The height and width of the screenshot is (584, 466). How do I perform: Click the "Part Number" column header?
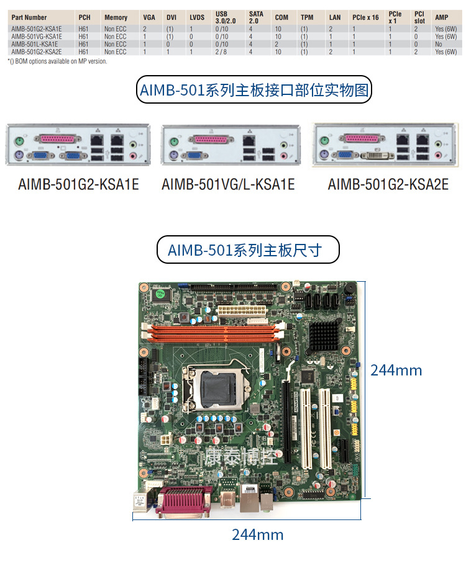(x=29, y=17)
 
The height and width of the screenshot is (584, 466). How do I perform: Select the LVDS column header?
(x=197, y=17)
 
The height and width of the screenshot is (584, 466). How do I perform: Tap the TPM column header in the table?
(x=306, y=17)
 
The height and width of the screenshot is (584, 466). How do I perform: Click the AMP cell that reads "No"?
(x=439, y=45)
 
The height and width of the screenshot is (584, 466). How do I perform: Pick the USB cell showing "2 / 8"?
(x=222, y=52)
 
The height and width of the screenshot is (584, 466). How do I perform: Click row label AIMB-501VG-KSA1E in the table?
(x=37, y=37)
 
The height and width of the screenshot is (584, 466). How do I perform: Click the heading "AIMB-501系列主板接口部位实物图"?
(x=254, y=91)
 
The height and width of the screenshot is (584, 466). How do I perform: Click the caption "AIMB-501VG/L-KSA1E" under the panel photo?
(x=228, y=184)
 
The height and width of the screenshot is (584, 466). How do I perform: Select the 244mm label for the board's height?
(x=396, y=371)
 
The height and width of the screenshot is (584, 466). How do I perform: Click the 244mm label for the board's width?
(x=257, y=534)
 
